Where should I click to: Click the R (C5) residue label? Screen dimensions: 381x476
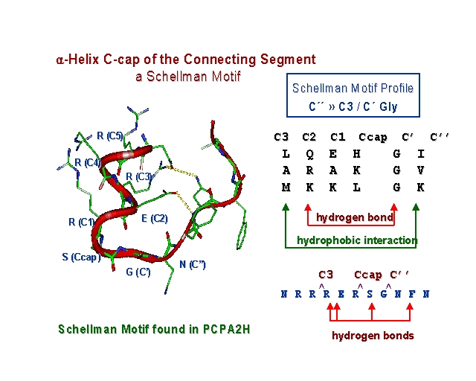pos(109,136)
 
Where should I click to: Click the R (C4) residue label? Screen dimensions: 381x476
pos(87,162)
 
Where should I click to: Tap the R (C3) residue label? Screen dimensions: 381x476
pos(139,176)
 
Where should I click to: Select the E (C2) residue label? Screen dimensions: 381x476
pos(155,218)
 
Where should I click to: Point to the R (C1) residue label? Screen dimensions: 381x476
pos(82,222)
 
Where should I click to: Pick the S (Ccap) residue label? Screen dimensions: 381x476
pos(81,257)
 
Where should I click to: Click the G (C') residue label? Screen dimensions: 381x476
pos(138,272)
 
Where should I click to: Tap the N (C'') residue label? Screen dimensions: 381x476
pos(193,264)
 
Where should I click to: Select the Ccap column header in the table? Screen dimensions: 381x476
pos(373,137)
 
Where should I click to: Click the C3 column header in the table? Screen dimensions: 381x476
pos(281,137)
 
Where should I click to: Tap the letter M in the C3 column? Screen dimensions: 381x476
pos(286,188)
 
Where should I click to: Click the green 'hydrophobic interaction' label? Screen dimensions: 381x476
pos(356,240)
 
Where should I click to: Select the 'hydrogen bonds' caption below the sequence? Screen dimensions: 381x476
pos(372,336)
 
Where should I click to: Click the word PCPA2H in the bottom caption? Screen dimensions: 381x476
pos(225,328)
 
